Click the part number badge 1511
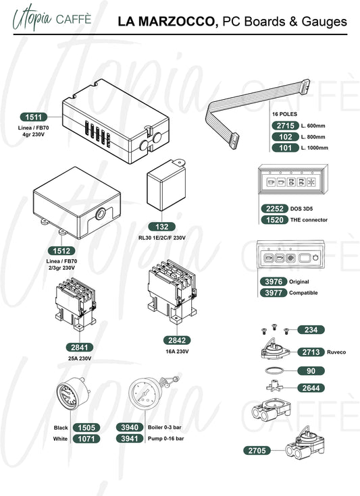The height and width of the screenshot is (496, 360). [x=34, y=117]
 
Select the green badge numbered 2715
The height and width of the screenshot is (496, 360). [x=285, y=126]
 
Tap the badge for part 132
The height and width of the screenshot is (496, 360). [x=162, y=227]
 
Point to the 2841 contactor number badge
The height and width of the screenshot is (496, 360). [x=79, y=348]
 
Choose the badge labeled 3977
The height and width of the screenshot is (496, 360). [x=274, y=293]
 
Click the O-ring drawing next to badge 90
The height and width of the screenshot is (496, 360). [x=274, y=370]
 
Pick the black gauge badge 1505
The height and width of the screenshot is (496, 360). [x=86, y=428]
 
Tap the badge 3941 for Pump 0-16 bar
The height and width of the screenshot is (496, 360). [x=130, y=439]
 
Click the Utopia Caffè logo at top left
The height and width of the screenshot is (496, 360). [x=51, y=18]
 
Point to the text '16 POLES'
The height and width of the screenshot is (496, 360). [x=284, y=114]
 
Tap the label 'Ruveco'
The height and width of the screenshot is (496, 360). [x=336, y=352]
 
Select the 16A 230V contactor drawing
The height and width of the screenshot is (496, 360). [x=172, y=291]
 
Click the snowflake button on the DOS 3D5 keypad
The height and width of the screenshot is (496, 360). [x=311, y=182]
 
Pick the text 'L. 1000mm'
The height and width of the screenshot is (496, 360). [x=314, y=148]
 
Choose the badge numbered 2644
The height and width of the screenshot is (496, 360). [x=311, y=388]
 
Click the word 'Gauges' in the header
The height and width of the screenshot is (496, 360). [x=324, y=22]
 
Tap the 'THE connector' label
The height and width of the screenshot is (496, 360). [x=309, y=220]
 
